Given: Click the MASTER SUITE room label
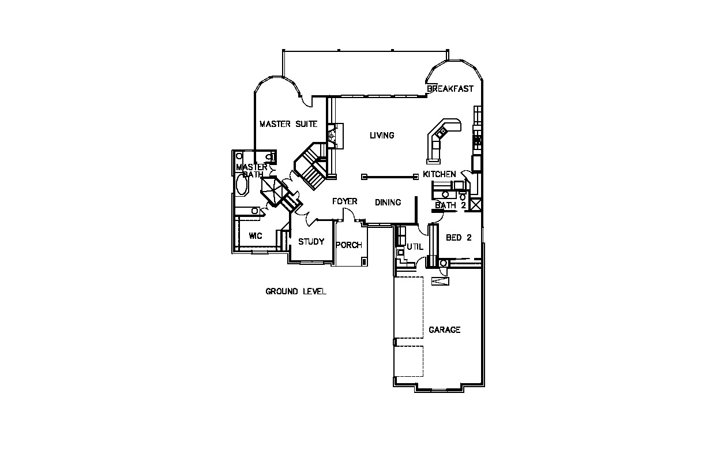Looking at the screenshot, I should click(288, 123).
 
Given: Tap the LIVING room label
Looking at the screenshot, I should click(382, 136).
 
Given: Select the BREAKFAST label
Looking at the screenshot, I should click(450, 89).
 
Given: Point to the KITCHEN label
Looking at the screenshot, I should click(440, 174).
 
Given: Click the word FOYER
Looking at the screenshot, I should click(345, 201).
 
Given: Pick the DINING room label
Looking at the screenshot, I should click(388, 203).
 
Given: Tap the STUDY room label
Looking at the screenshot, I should click(311, 242).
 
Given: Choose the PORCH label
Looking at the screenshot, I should click(349, 245).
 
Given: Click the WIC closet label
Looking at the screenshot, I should click(256, 236).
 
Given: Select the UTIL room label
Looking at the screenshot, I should click(415, 247).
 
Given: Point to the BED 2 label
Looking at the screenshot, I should click(459, 237).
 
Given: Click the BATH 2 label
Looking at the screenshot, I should click(450, 205).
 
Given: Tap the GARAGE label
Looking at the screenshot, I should click(445, 330).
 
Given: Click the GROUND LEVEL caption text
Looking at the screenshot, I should click(296, 291).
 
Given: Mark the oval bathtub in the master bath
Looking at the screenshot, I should click(242, 186).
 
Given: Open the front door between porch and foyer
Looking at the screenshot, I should click(348, 215).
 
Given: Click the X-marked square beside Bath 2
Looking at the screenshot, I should click(476, 205).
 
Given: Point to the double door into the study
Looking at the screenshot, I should click(310, 218).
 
